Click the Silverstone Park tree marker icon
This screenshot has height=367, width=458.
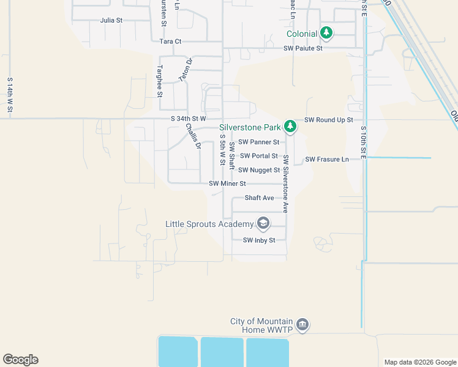tap(290, 127)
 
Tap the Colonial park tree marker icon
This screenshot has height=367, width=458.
tap(327, 32)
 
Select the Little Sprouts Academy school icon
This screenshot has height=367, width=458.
tap(263, 223)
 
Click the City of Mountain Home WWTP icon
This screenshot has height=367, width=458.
tap(302, 324)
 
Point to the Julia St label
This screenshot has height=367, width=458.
tap(111, 20)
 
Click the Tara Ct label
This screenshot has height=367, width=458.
tap(170, 42)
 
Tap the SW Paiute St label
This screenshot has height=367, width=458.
tap(302, 48)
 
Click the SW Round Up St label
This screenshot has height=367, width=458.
tap(329, 120)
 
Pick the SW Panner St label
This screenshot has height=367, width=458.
tap(258, 142)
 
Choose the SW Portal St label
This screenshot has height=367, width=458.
tap(258, 156)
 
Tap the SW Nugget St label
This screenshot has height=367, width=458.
tap(259, 170)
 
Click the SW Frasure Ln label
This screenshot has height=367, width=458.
tap(327, 159)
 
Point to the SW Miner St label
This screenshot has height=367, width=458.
tap(227, 183)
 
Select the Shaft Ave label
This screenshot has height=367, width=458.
tap(259, 198)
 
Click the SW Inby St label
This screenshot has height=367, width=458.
tap(263, 240)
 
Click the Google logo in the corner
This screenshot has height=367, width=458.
tap(20, 360)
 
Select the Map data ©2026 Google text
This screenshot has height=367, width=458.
tap(420, 362)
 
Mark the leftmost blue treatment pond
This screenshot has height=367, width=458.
tap(178, 352)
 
